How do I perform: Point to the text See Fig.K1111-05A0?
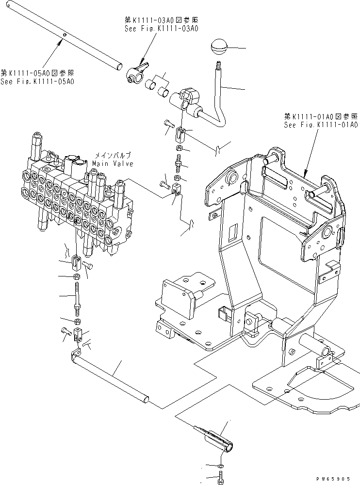pos(37,81)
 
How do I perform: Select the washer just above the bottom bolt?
pos(221,465)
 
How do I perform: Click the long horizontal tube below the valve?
pos(112,378)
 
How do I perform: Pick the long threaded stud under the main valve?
pos(78,297)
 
